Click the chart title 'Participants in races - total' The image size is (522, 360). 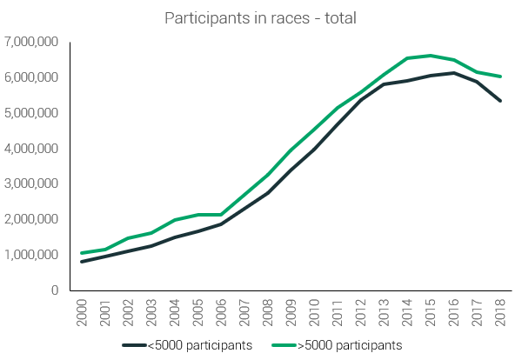click(x=260, y=17)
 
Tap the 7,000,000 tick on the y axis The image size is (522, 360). click(x=31, y=42)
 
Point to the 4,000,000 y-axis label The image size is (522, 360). click(x=31, y=149)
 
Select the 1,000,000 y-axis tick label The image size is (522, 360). click(x=31, y=255)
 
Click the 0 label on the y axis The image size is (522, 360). click(x=53, y=290)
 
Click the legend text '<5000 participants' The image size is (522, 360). click(x=201, y=344)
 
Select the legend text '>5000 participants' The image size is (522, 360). click(x=350, y=344)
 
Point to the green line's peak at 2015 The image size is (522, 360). click(x=431, y=56)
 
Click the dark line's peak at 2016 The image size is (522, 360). click(x=454, y=73)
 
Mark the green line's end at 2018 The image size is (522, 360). click(x=501, y=77)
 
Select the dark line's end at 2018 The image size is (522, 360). click(x=501, y=101)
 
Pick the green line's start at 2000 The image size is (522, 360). click(x=83, y=253)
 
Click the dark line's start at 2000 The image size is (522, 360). click(x=83, y=262)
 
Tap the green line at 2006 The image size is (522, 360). click(x=222, y=215)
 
